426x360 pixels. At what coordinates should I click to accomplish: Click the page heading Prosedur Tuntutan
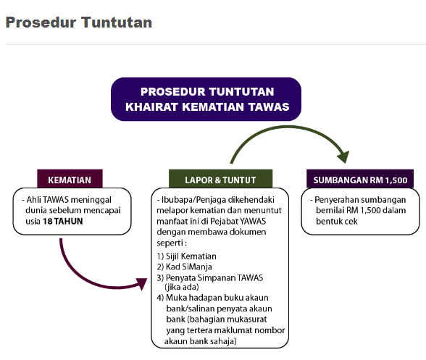tap(78, 22)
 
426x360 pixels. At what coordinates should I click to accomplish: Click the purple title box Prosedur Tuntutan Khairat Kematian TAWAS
tap(206, 99)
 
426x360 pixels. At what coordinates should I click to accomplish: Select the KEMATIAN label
tap(70, 180)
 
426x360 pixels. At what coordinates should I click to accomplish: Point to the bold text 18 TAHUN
tap(62, 221)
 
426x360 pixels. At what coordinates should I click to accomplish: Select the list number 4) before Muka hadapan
tap(159, 298)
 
